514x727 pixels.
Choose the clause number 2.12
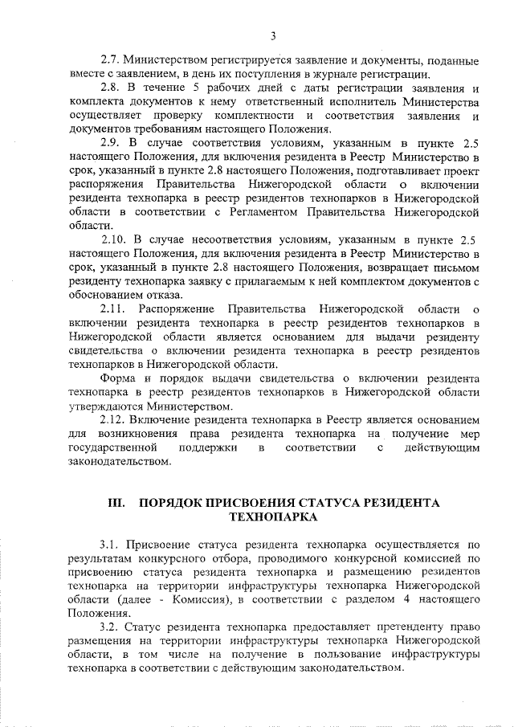[112, 419]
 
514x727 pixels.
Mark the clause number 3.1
[109, 542]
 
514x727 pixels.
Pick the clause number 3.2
[109, 626]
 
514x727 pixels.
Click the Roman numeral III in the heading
[117, 503]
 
